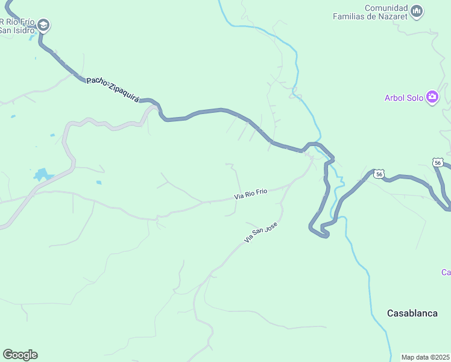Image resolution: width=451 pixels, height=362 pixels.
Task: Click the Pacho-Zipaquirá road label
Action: point(113,89)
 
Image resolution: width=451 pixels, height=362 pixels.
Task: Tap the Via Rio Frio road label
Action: point(250,194)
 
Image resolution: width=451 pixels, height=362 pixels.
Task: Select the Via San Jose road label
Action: point(260,232)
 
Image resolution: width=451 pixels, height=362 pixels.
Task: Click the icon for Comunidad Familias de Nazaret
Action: point(417,10)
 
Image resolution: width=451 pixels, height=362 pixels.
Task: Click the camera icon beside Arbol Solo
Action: point(432,97)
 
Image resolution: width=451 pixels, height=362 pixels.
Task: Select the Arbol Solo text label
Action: point(404,98)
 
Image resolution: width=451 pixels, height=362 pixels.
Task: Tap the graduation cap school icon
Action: point(43,25)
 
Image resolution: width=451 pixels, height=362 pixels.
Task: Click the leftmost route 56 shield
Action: point(378,174)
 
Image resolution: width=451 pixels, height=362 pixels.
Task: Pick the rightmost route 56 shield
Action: point(438,162)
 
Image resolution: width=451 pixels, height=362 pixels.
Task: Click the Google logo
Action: point(20,355)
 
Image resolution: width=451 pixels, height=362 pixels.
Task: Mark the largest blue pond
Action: point(42,175)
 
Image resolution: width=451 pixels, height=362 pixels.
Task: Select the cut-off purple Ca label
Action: point(446,273)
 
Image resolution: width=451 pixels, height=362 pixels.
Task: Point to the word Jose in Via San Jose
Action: point(270,225)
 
